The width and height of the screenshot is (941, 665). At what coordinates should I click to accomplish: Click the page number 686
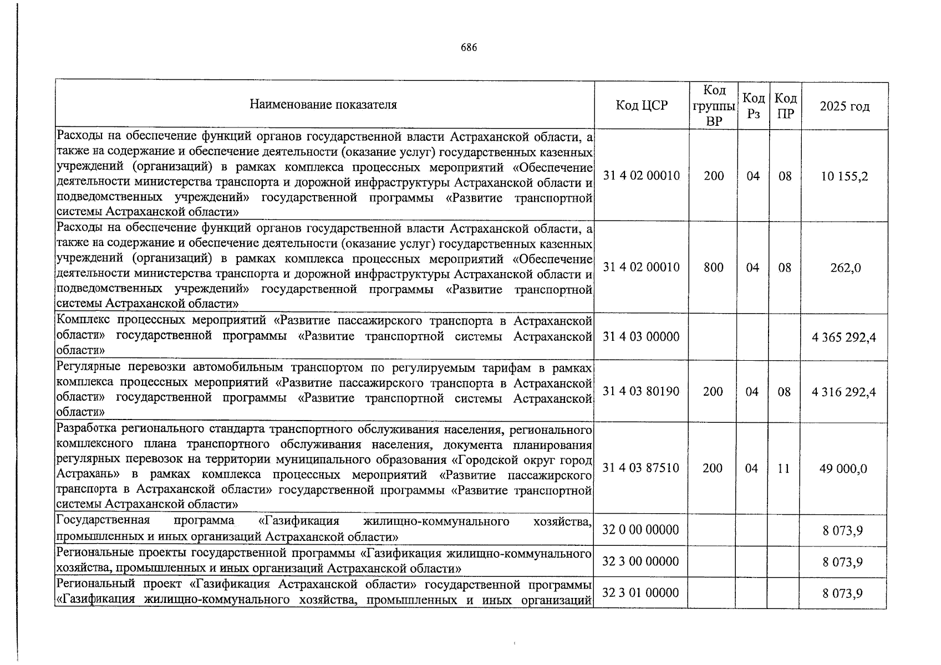tap(469, 48)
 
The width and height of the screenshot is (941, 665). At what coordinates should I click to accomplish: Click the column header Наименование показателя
tap(323, 105)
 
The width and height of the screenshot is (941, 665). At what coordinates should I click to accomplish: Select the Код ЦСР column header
tap(642, 105)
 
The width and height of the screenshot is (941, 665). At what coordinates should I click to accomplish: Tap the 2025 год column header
tap(845, 106)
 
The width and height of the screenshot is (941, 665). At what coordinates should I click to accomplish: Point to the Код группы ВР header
tap(714, 105)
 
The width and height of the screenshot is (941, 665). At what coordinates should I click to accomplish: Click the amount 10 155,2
tap(845, 176)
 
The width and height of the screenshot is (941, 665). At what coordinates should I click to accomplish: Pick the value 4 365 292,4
tap(844, 337)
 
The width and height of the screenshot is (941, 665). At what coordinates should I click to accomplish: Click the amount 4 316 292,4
tap(844, 392)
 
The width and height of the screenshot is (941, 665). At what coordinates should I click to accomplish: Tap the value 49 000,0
tap(843, 469)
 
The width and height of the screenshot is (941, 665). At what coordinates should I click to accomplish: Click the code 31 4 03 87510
tap(640, 468)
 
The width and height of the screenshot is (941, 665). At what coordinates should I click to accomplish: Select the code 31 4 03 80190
tap(641, 392)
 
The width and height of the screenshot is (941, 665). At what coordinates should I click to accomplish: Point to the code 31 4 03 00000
tap(641, 337)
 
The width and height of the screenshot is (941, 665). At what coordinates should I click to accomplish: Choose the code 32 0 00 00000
tap(640, 530)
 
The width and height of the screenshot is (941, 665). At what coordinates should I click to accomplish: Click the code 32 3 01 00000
tap(640, 593)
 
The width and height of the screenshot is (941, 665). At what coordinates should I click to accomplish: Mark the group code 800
tap(714, 268)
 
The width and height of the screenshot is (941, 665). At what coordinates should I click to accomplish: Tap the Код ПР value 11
tap(783, 468)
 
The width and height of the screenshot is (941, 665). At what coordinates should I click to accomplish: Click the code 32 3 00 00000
tap(640, 562)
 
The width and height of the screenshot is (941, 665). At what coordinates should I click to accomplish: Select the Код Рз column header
tap(754, 105)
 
